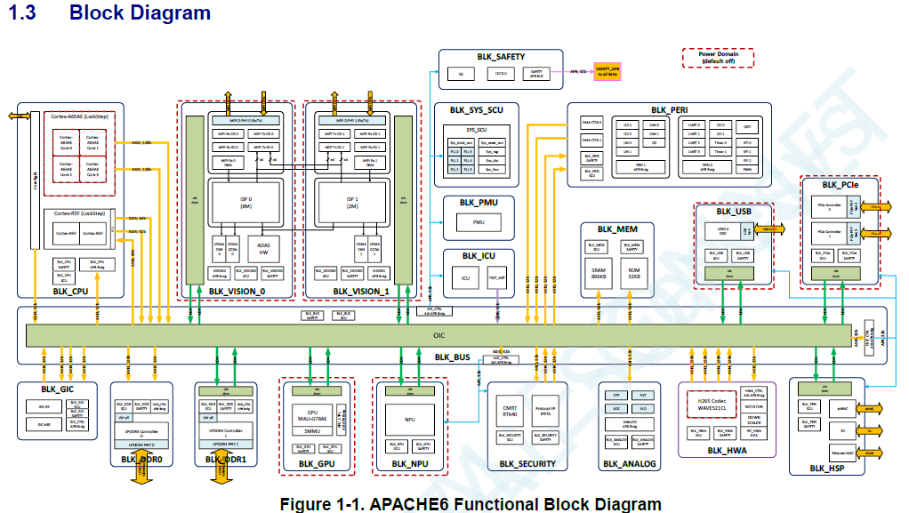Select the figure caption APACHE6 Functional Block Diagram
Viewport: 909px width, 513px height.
[471, 504]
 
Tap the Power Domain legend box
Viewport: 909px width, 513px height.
[717, 58]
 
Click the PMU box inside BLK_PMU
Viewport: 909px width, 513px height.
[479, 222]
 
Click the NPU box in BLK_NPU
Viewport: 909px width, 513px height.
[409, 419]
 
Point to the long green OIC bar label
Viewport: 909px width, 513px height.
[438, 335]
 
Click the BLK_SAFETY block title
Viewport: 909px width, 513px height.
[500, 56]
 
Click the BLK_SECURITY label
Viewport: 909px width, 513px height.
[527, 463]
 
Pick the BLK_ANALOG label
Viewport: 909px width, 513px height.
[631, 463]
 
